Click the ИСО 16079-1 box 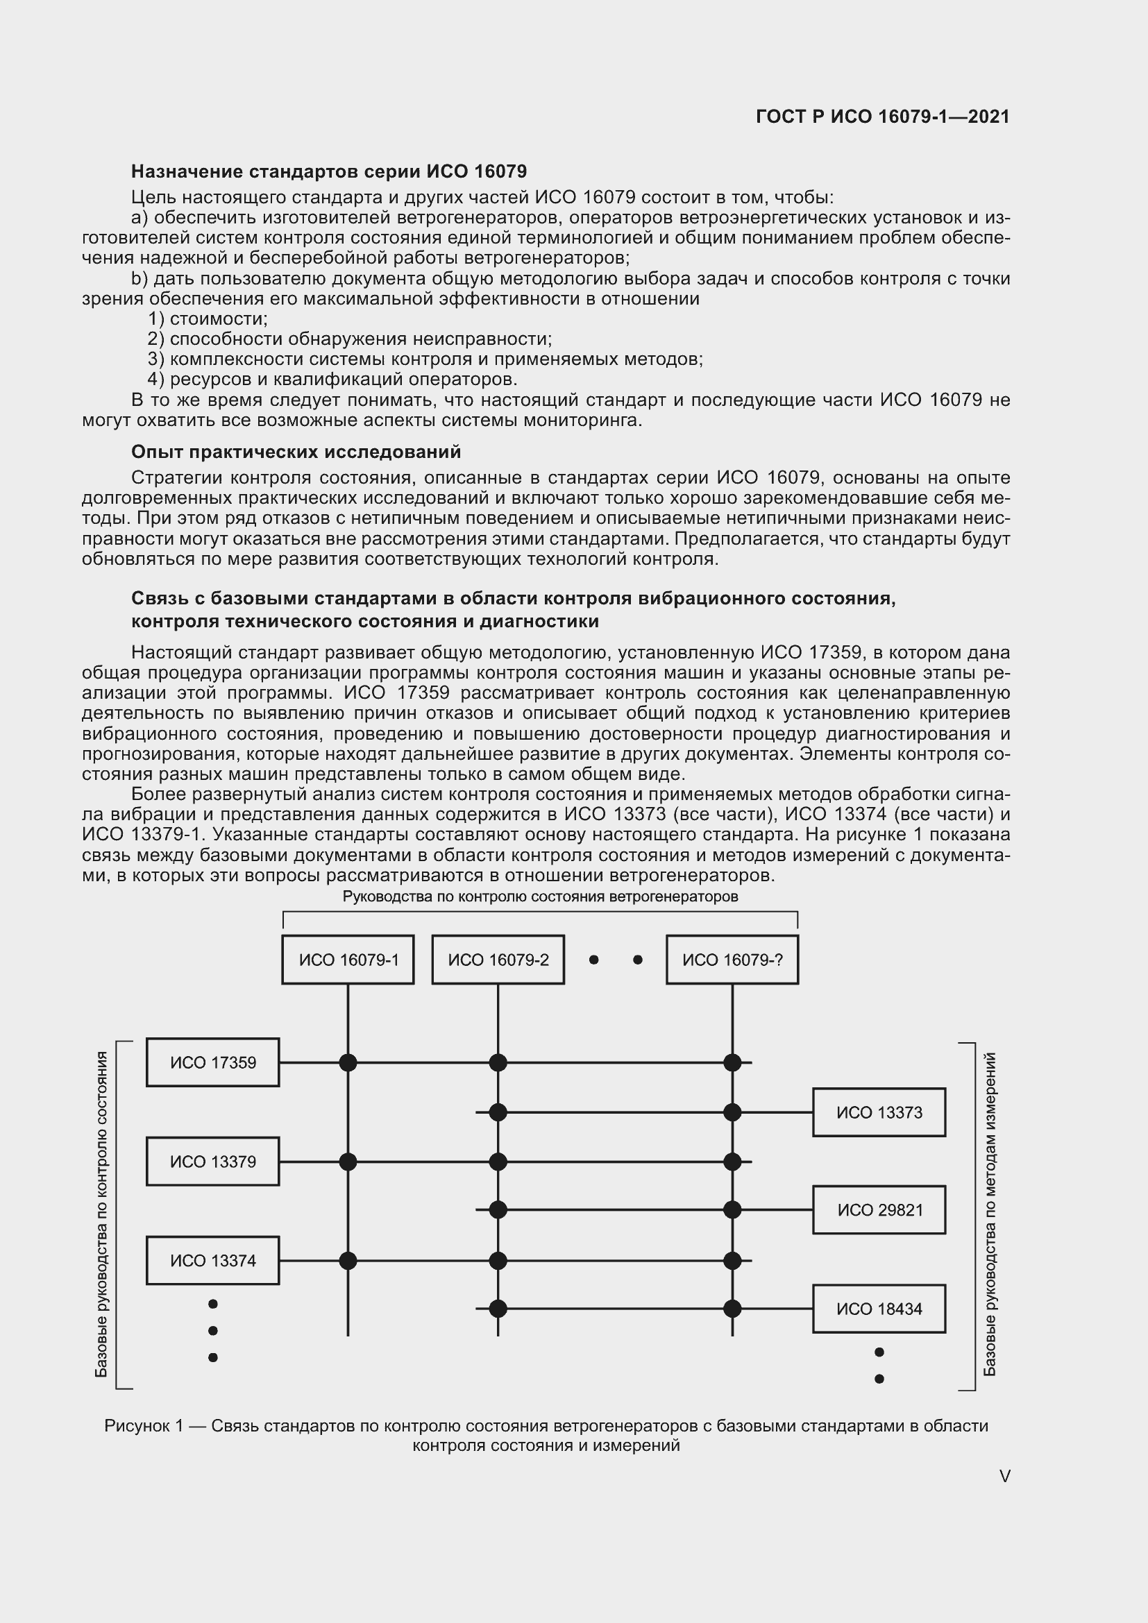click(348, 959)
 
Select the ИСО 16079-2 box click(498, 959)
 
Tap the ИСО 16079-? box click(732, 959)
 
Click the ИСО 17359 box click(213, 1062)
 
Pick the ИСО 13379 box click(213, 1162)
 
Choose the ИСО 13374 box click(213, 1260)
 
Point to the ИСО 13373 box click(879, 1112)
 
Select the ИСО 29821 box click(879, 1210)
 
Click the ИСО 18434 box click(879, 1309)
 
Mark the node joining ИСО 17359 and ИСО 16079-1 click(348, 1062)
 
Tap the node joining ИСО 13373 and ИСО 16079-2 click(498, 1112)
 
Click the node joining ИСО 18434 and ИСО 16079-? click(732, 1309)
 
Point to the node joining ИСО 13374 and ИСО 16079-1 click(348, 1260)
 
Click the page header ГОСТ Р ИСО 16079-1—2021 click(882, 117)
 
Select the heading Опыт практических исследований click(296, 452)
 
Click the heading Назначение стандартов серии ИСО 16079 click(329, 172)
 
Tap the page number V click(1004, 1476)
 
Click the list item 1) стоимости click(208, 318)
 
